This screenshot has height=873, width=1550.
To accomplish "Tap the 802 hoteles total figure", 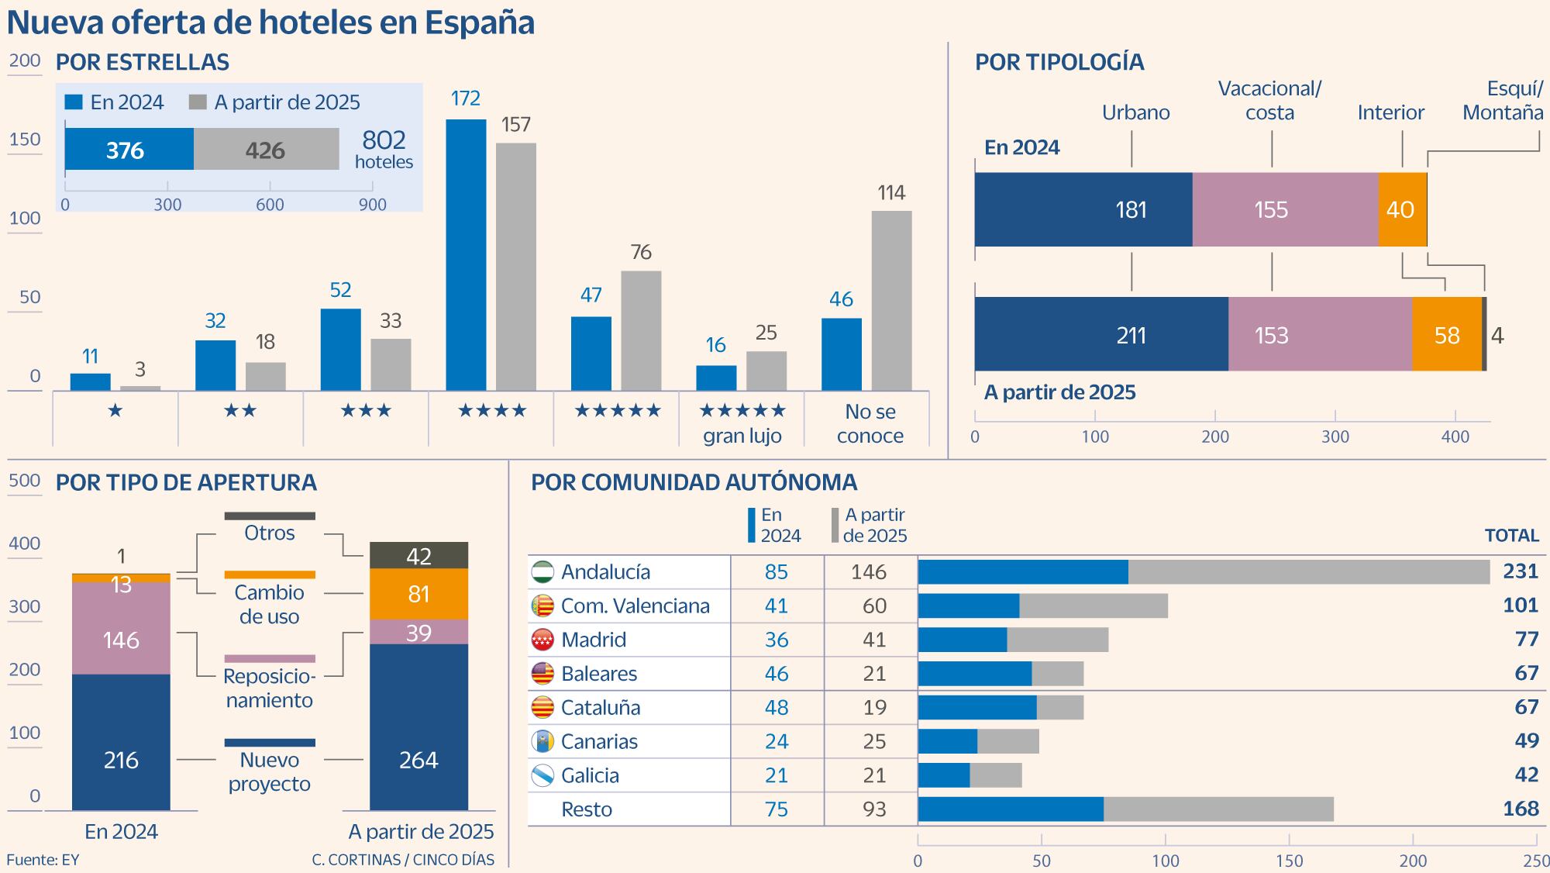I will (x=384, y=148).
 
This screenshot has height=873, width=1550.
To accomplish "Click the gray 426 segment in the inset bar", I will (x=266, y=150).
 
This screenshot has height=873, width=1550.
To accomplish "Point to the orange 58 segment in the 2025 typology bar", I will (x=1446, y=334).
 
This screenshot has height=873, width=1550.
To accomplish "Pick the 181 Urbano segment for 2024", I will (x=1083, y=209).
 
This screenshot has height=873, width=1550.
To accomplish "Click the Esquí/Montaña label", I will (x=1503, y=101).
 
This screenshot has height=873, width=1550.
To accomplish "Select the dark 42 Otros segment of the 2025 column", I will (x=418, y=555).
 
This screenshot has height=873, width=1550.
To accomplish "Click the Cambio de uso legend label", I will (x=269, y=604).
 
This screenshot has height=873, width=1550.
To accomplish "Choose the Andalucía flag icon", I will (x=542, y=572).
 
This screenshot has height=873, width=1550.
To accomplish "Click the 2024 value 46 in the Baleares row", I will (x=776, y=674).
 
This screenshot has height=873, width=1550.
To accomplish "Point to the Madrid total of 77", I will (x=1526, y=639).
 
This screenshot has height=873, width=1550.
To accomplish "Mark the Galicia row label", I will (x=590, y=775).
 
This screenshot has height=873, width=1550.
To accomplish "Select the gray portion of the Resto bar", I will (x=1218, y=809).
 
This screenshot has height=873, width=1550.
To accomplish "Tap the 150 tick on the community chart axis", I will (x=1289, y=860).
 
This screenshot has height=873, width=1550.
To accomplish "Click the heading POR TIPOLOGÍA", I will (x=1059, y=62).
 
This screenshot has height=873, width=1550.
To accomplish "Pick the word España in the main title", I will (x=480, y=22).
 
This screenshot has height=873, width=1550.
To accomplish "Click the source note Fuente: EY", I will (x=43, y=859).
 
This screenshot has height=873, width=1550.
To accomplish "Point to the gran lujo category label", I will (x=742, y=436).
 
